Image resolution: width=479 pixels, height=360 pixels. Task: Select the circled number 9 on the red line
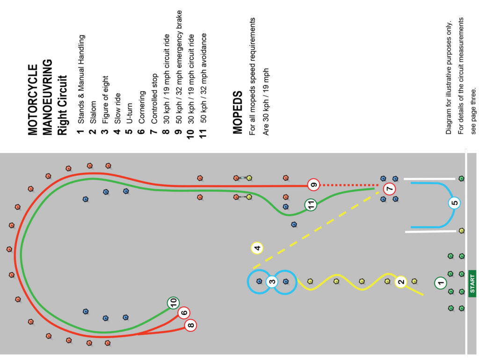click(313, 185)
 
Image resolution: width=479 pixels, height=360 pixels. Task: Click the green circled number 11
click(310, 205)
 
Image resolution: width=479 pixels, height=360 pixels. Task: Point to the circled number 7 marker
click(389, 190)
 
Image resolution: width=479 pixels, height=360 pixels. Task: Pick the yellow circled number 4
click(256, 248)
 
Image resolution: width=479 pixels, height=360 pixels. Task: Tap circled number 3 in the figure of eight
click(272, 282)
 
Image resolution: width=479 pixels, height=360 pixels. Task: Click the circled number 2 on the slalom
click(401, 281)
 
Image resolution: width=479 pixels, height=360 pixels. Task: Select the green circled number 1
click(440, 282)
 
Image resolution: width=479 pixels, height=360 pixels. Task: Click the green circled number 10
click(173, 303)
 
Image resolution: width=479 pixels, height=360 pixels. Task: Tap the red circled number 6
click(184, 313)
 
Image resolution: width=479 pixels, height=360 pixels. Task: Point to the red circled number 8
click(191, 325)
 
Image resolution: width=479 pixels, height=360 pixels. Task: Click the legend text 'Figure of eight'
click(105, 99)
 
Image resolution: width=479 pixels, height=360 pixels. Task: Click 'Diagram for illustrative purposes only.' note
click(448, 78)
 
